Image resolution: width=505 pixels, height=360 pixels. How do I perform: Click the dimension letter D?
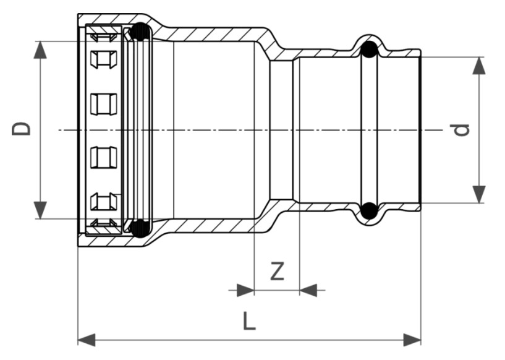tap(21, 129)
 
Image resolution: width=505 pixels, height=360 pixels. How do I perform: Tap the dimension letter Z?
tap(277, 271)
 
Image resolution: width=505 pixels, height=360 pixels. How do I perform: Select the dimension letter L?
tap(248, 320)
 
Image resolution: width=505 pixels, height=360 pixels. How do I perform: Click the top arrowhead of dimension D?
tap(40, 50)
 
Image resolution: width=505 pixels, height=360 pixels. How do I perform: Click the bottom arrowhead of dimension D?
tap(40, 210)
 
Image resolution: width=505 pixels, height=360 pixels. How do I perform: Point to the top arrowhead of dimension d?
tap(479, 66)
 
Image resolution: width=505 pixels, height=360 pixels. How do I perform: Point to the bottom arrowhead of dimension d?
tap(479, 194)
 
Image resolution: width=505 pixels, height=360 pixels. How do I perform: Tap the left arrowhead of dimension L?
tap(87, 340)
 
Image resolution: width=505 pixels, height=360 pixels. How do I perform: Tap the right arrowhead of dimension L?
tap(412, 340)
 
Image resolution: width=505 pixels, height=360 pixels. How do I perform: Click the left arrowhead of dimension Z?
tap(245, 290)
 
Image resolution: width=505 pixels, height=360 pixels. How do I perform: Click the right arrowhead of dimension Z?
tap(308, 290)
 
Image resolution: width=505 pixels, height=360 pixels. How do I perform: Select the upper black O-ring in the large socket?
tap(140, 32)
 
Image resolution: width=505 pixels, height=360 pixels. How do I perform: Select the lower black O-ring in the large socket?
tap(140, 228)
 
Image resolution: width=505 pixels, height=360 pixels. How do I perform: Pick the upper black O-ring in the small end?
tap(369, 49)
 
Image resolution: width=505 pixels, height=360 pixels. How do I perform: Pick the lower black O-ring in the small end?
tap(369, 211)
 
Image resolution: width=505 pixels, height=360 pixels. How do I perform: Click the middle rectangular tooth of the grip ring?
tap(103, 104)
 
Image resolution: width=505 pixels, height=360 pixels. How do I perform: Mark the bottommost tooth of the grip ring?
tap(103, 223)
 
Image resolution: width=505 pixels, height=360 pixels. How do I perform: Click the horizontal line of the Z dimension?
tap(277, 290)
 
